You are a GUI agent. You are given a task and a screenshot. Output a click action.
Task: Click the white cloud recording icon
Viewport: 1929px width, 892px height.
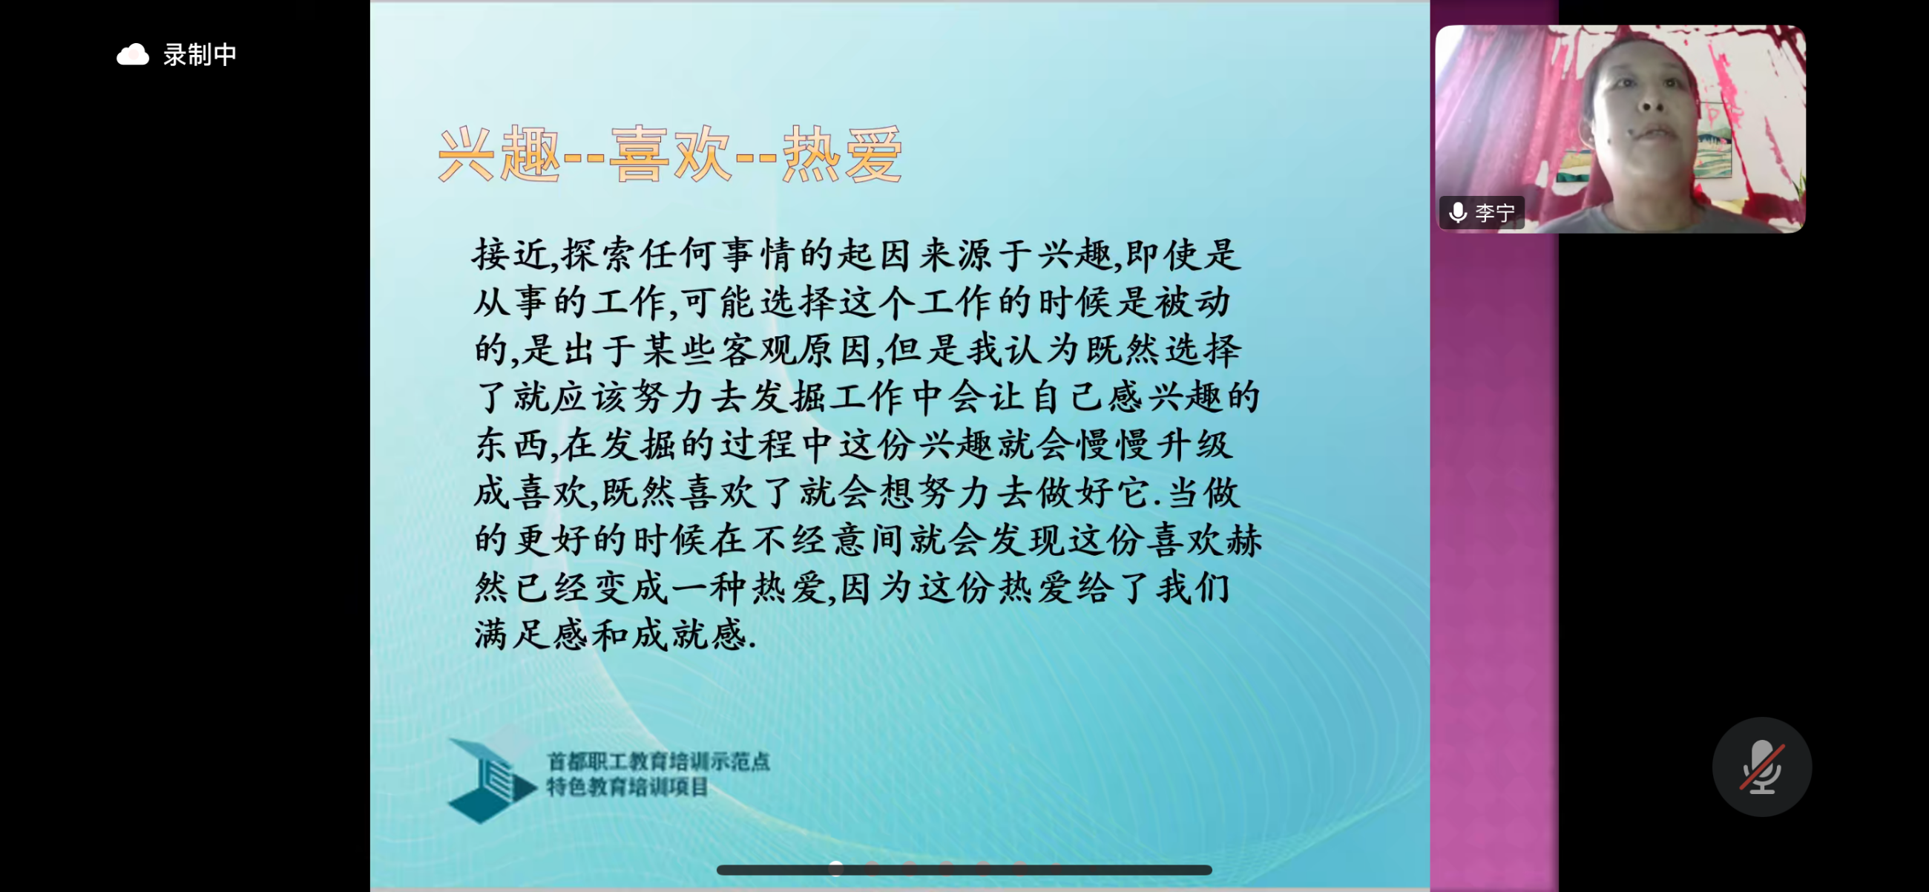point(133,55)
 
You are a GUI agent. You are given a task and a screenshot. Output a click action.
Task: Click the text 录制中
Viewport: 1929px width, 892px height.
point(200,55)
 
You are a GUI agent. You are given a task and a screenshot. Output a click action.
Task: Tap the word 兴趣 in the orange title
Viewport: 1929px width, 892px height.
point(499,155)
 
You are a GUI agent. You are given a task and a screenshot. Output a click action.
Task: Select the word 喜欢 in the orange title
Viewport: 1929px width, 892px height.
point(670,155)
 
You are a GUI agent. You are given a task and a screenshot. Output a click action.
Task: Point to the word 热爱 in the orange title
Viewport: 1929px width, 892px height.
point(842,155)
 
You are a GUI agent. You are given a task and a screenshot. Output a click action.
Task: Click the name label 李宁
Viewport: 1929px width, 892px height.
point(1495,213)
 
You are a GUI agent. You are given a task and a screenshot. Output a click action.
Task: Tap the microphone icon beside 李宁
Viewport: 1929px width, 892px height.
point(1457,213)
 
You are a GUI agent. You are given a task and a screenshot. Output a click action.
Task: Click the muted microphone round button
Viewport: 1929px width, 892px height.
point(1761,766)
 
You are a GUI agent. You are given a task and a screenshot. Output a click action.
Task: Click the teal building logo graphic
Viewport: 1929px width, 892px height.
point(491,779)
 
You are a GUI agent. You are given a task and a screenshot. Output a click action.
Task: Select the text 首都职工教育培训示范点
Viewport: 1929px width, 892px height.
point(658,761)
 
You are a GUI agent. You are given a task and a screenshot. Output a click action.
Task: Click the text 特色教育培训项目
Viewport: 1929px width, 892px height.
point(627,787)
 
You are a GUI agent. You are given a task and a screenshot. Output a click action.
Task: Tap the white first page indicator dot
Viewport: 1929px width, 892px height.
point(836,868)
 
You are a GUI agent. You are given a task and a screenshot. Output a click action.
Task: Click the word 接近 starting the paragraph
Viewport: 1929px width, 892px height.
point(510,255)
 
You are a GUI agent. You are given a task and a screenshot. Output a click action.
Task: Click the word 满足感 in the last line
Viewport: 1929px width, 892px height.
point(532,634)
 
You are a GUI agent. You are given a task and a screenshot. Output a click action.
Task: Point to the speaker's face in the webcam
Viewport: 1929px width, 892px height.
point(1644,112)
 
